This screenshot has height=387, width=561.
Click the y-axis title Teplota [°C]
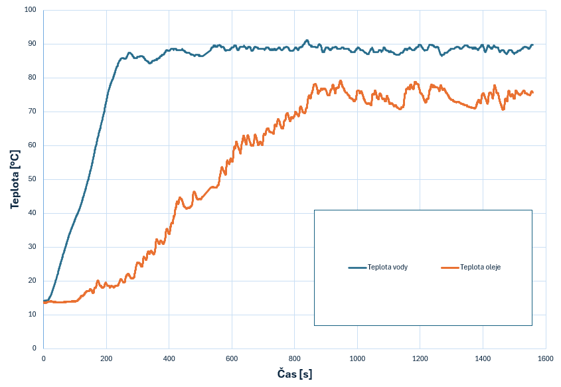pos(15,179)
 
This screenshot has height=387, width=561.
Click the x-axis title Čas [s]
pos(294,374)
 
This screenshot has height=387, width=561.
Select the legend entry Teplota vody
pos(387,268)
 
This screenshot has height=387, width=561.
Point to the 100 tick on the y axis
pos(31,11)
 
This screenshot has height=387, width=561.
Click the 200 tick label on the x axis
pos(106,358)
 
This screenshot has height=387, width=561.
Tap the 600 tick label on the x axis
pos(232,358)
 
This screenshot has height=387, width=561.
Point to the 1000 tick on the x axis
pos(357,358)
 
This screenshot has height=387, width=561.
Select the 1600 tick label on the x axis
pos(545,358)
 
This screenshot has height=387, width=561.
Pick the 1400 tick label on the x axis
pos(483,358)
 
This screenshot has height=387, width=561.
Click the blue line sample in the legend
pos(357,268)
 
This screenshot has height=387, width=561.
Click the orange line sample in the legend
pos(450,268)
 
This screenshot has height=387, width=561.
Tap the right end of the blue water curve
pos(532,45)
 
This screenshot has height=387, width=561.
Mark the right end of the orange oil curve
pos(532,92)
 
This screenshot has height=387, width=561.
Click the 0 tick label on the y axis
pos(35,348)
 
